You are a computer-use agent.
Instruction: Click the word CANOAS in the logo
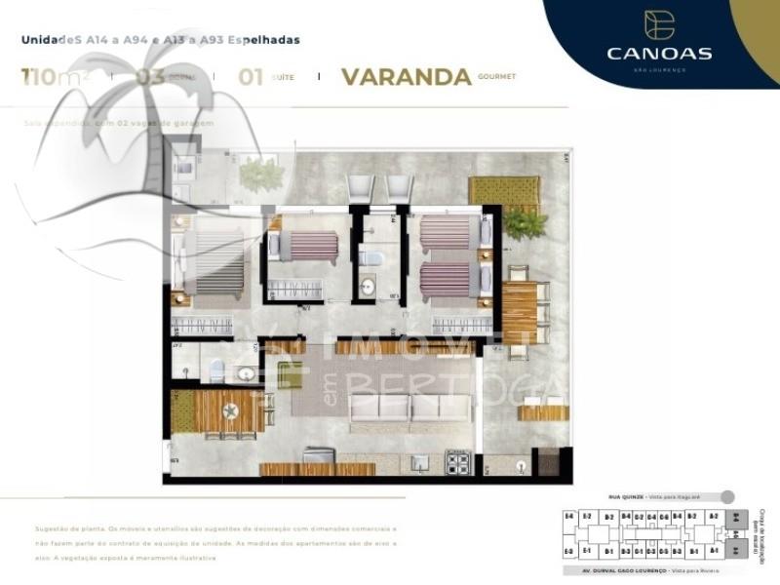659,53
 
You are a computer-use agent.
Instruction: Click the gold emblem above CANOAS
659,23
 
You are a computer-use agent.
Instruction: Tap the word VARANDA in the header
407,78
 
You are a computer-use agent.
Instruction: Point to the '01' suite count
252,77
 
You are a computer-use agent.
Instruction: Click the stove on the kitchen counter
459,461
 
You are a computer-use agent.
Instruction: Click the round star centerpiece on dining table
230,412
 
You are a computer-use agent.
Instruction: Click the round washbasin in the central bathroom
369,288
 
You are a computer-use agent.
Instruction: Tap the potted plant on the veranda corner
525,224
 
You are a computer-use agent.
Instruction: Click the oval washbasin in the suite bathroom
245,372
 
